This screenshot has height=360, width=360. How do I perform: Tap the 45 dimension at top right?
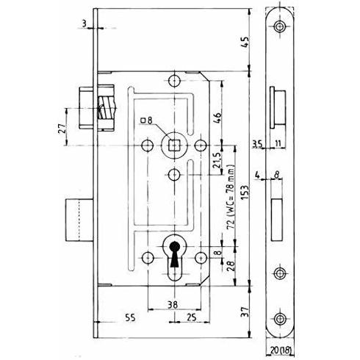tap(245, 43)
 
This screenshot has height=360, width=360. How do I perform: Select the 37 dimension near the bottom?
tap(245, 312)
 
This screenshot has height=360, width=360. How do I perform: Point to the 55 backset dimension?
tap(130, 317)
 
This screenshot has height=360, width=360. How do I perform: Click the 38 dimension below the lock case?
tap(173, 305)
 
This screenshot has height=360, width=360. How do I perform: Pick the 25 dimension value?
tap(191, 317)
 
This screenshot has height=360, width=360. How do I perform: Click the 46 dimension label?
tap(217, 118)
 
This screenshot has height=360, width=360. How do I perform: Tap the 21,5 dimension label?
tap(217, 159)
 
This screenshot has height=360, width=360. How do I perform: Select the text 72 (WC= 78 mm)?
tap(231, 196)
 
